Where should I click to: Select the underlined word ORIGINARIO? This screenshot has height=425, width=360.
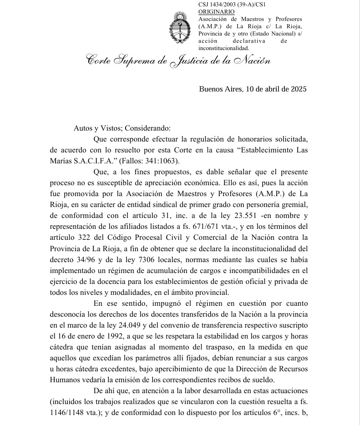point(217,12)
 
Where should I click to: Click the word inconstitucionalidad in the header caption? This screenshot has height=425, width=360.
point(223,48)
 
